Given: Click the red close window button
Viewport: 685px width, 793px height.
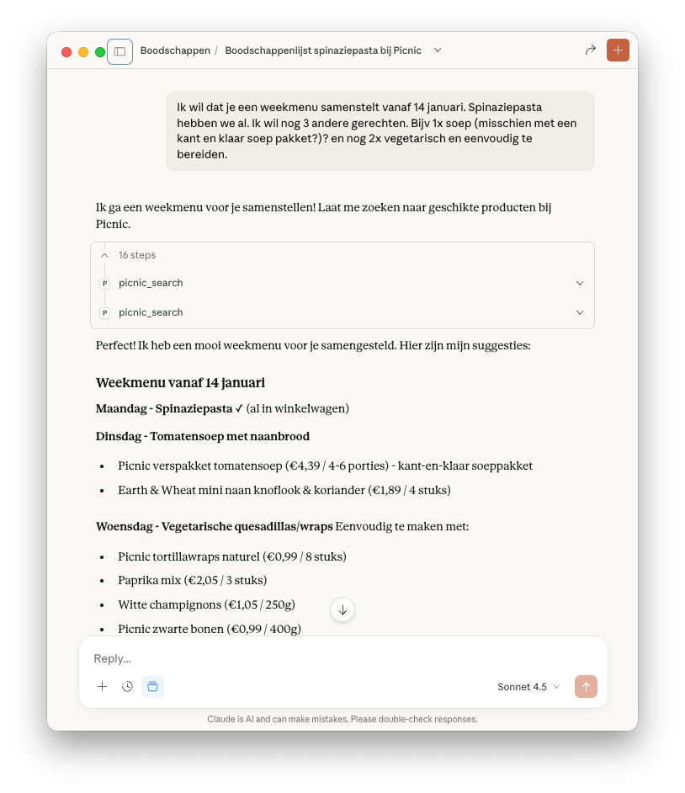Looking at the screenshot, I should [66, 52].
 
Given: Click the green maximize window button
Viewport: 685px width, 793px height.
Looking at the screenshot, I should [100, 52].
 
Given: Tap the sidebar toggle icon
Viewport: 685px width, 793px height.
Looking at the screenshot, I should [119, 51].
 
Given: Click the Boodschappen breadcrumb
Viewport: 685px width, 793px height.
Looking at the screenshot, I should [175, 51].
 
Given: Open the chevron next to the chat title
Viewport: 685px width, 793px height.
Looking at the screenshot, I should [438, 51].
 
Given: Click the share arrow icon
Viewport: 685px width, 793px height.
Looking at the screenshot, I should [590, 51].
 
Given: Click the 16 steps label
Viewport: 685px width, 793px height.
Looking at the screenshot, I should [137, 255].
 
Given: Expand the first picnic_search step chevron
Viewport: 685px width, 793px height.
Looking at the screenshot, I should [580, 284].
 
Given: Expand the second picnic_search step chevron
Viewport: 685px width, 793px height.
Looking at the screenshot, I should [580, 313].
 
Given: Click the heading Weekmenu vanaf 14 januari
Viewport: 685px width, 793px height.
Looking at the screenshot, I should [180, 383].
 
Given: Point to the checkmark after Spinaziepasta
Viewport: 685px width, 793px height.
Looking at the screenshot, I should [239, 408].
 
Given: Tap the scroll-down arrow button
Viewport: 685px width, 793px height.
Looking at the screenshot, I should [342, 609].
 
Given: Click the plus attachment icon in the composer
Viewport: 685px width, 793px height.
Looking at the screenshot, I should [102, 687].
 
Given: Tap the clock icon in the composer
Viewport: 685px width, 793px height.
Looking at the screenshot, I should [127, 687].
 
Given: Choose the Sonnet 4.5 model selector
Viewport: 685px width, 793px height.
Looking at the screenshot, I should [528, 687].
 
